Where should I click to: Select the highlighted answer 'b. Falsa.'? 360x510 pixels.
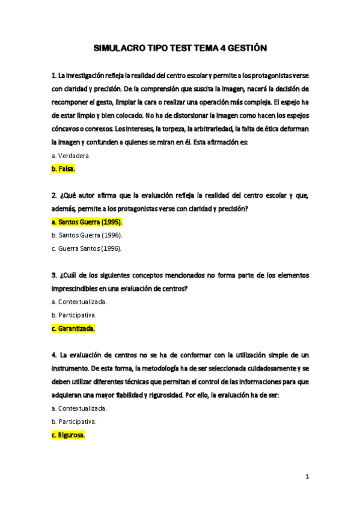pyautogui.click(x=64, y=169)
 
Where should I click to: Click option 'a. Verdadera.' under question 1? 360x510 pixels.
pyautogui.click(x=72, y=156)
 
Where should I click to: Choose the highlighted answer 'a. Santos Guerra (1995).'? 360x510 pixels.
pyautogui.click(x=87, y=222)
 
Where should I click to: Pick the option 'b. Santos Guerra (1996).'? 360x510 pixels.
pyautogui.click(x=87, y=235)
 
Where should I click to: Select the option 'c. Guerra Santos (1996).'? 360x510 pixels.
pyautogui.click(x=87, y=248)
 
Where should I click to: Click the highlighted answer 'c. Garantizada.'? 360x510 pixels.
pyautogui.click(x=73, y=328)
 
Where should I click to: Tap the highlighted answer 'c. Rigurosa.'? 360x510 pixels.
pyautogui.click(x=69, y=434)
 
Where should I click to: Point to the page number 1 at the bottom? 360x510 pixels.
pyautogui.click(x=307, y=477)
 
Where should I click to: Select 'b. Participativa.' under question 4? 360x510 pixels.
pyautogui.click(x=74, y=421)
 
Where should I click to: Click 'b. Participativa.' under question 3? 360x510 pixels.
pyautogui.click(x=74, y=315)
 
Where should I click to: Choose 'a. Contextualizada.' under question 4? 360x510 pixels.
pyautogui.click(x=79, y=408)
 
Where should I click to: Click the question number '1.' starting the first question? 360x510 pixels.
pyautogui.click(x=54, y=76)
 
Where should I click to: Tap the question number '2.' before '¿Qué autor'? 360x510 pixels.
pyautogui.click(x=54, y=195)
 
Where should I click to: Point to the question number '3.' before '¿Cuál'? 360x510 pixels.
pyautogui.click(x=54, y=275)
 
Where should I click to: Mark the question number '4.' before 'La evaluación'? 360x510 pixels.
pyautogui.click(x=54, y=355)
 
